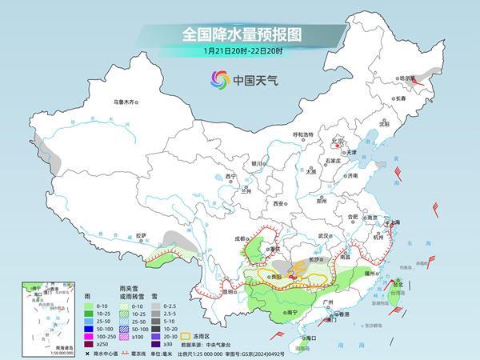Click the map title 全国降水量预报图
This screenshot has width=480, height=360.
[240, 35]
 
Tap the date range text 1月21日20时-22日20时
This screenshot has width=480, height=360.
[240, 52]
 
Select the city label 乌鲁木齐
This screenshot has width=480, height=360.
[126, 102]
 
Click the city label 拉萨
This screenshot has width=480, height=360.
[142, 235]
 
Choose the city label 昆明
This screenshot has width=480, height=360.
[207, 291]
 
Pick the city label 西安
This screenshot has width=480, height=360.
[278, 204]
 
